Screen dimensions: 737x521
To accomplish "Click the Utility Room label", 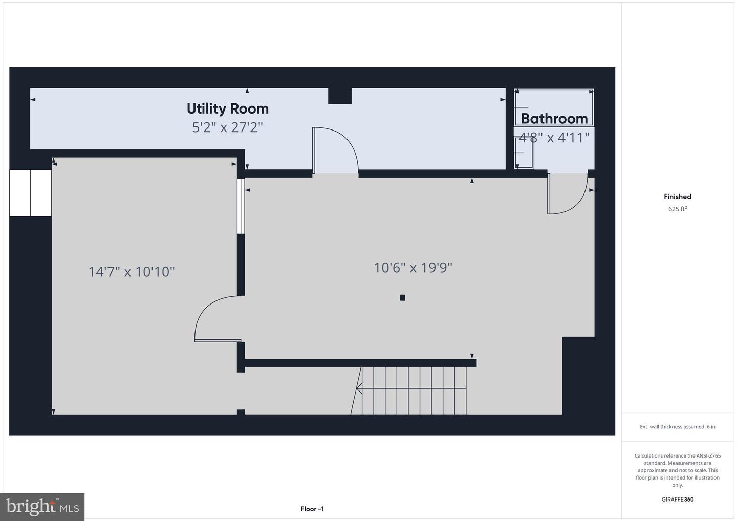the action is click(x=228, y=109).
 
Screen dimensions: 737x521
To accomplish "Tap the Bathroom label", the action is click(x=554, y=119).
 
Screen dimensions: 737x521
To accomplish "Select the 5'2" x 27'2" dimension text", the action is click(x=227, y=127).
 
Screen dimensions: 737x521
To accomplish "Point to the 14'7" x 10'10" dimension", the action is click(x=131, y=272).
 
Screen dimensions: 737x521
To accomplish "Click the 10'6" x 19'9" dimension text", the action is click(x=413, y=268).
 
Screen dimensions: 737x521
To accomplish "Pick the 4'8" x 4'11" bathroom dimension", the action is click(x=554, y=138).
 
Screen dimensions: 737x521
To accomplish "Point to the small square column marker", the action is click(x=402, y=298).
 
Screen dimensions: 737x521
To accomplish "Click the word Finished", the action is click(x=678, y=197).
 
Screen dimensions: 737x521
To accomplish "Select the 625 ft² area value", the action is click(x=678, y=209).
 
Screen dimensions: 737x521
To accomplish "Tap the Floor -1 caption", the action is click(x=312, y=509).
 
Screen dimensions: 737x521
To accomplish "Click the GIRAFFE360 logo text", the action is click(x=678, y=500).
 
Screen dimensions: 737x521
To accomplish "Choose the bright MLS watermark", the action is click(x=42, y=507).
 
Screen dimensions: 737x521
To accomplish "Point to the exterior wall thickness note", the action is click(x=678, y=427).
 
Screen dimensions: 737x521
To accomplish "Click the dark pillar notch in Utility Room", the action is click(x=340, y=96).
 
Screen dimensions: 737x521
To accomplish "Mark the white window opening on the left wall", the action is click(x=30, y=193).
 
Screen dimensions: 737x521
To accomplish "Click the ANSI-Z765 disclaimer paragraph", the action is click(x=678, y=470).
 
